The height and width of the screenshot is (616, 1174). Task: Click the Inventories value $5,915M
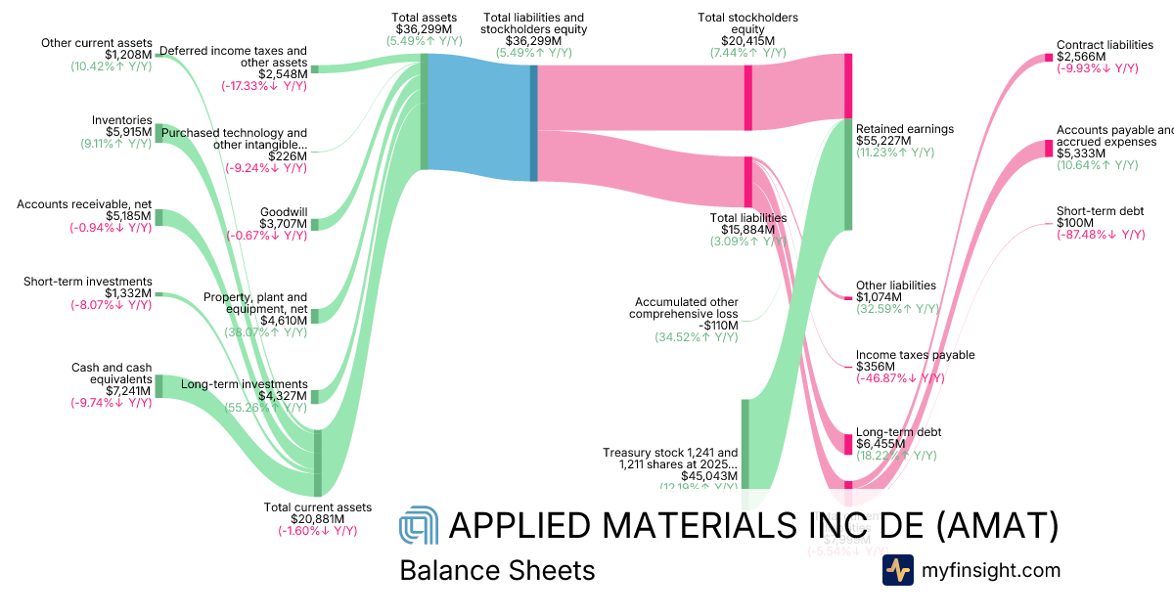[x=128, y=132]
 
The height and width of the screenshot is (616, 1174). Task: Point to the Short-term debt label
[x=1100, y=211]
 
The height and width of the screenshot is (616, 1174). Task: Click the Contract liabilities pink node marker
[x=1049, y=57]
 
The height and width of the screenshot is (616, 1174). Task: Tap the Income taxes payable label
[x=915, y=355]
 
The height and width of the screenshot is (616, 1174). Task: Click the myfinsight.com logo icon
[x=897, y=570]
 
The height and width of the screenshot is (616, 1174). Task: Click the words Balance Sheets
[x=497, y=570]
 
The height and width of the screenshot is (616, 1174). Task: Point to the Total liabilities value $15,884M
[x=748, y=230]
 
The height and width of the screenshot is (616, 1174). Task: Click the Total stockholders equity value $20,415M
[x=748, y=41]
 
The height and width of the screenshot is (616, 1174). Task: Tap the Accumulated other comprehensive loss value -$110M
[x=717, y=326]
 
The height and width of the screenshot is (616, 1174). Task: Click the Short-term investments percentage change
[x=111, y=305]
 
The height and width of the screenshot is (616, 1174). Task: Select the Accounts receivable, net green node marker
[x=159, y=217]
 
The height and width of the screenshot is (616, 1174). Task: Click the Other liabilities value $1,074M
[x=882, y=297]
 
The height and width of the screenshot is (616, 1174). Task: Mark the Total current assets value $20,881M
[x=318, y=519]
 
